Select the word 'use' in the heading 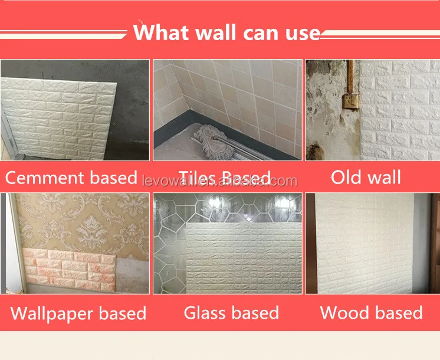(x=300, y=31)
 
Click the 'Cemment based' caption (x=71, y=178)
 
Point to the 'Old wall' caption (x=366, y=177)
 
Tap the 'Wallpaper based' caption (x=78, y=313)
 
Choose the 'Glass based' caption (x=231, y=312)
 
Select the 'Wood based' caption (x=371, y=312)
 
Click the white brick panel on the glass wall (x=242, y=260)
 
